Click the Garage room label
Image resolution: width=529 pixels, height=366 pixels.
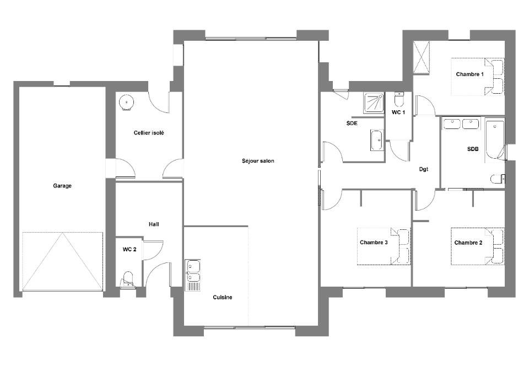pyautogui.click(x=62, y=186)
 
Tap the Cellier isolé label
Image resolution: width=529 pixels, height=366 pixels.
pyautogui.click(x=149, y=133)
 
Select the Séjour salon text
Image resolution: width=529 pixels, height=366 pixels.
pyautogui.click(x=258, y=161)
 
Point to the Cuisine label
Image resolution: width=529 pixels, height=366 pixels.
pyautogui.click(x=223, y=297)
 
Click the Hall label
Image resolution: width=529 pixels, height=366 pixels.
pyautogui.click(x=154, y=224)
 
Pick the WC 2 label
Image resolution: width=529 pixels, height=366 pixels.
pyautogui.click(x=129, y=250)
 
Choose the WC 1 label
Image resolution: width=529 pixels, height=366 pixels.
pyautogui.click(x=398, y=112)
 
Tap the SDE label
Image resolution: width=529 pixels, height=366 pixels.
pyautogui.click(x=352, y=123)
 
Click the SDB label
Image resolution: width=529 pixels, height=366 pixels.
pyautogui.click(x=473, y=149)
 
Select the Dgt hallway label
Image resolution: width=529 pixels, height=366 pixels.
pyautogui.click(x=424, y=169)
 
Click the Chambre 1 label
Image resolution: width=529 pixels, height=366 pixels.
pyautogui.click(x=470, y=74)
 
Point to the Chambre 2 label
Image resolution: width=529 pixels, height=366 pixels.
pyautogui.click(x=468, y=243)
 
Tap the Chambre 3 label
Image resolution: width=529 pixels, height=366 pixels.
pyautogui.click(x=374, y=242)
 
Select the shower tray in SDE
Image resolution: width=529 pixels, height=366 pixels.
pyautogui.click(x=374, y=103)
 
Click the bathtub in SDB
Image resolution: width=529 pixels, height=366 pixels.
pyautogui.click(x=495, y=140)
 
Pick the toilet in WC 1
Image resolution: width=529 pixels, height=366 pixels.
pyautogui.click(x=399, y=99)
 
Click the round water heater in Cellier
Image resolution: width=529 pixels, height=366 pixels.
pyautogui.click(x=126, y=102)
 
